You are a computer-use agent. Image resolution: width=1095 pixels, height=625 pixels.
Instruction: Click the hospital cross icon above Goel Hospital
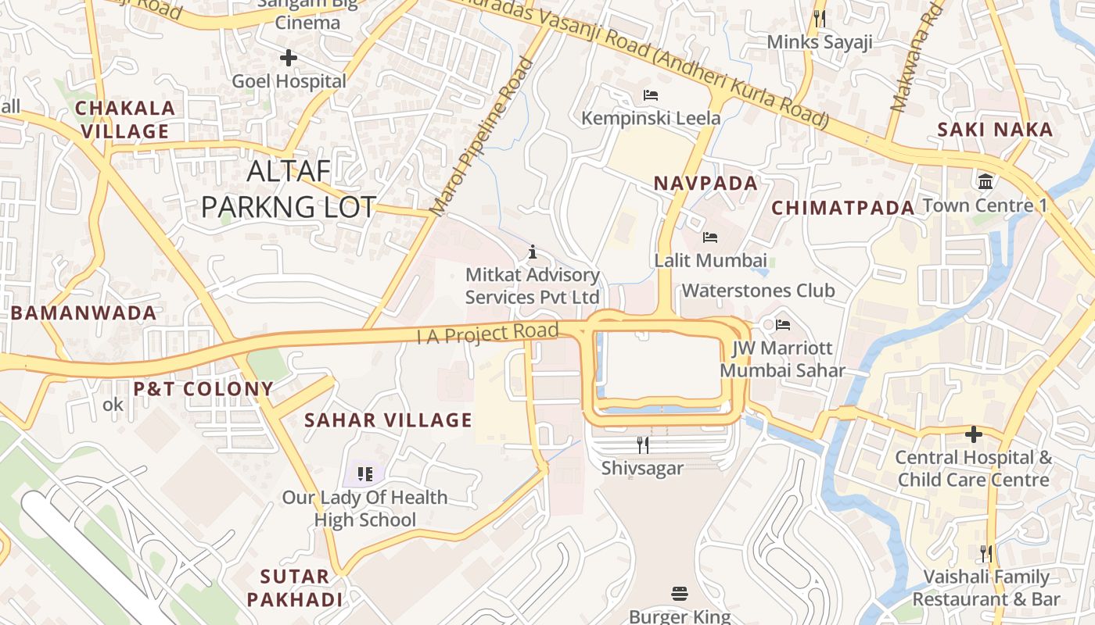pos(289,57)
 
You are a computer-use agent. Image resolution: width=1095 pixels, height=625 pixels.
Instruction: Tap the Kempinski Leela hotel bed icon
pos(650,95)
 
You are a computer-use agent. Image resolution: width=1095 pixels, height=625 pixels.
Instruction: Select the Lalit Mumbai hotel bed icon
pos(709,237)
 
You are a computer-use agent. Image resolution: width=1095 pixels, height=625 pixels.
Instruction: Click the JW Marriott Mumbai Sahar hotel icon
pos(783,324)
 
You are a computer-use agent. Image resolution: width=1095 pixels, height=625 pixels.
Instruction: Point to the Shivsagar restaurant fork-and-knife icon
pos(642,445)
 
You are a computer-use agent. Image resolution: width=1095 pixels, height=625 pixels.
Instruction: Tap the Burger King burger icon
pos(679,594)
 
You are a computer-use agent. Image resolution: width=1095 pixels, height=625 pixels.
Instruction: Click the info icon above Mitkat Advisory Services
pos(533,252)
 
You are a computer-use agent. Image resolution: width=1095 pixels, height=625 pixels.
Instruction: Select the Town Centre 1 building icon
pos(985,181)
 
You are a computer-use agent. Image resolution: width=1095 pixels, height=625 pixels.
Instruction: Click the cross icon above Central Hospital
pos(973,434)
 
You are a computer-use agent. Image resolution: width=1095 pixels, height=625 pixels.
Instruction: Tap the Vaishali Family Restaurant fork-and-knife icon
pos(985,554)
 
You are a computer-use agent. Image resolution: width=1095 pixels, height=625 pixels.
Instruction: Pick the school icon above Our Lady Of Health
pos(364,473)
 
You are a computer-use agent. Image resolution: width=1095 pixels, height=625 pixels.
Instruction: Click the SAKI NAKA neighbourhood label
pos(995,130)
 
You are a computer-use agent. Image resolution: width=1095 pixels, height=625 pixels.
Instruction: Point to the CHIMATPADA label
pos(842,208)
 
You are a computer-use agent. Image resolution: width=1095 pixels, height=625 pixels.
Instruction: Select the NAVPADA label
pos(705,184)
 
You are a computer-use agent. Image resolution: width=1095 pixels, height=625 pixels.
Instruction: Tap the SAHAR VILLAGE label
pos(388,420)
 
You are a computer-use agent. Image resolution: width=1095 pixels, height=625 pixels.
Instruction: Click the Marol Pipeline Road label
pos(481,137)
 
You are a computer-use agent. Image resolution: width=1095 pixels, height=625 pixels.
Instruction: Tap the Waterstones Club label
pos(758,291)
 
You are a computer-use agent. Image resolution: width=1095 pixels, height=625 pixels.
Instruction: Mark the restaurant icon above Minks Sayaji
pos(819,19)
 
